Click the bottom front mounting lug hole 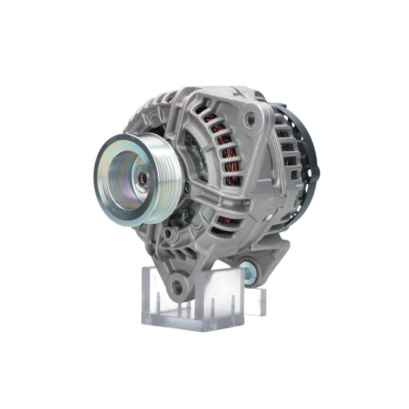click(x=177, y=287)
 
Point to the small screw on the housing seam click(x=246, y=202)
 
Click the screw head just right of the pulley click(x=187, y=189)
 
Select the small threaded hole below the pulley click(x=168, y=234)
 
